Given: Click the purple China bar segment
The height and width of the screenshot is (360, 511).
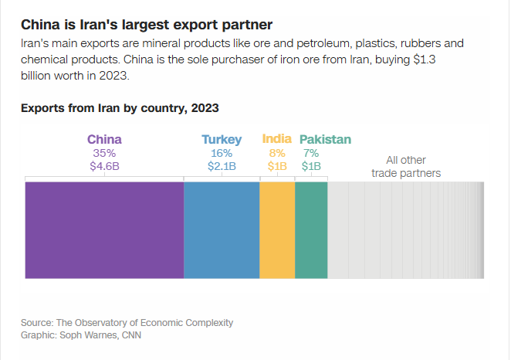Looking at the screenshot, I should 104,229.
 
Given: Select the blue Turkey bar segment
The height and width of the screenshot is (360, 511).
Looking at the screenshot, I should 222,229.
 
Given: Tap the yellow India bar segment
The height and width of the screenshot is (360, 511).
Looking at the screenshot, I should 277,229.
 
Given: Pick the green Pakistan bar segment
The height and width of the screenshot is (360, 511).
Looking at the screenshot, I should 311,229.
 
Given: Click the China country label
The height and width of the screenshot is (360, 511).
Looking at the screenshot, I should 104,140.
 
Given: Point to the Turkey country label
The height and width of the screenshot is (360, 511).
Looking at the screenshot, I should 222,140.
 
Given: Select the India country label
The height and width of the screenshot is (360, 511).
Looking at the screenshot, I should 277,139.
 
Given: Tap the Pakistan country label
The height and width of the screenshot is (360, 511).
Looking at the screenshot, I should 325,140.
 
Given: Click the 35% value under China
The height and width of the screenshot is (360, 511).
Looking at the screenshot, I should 104,153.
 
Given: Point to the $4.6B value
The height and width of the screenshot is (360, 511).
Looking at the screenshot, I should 104,166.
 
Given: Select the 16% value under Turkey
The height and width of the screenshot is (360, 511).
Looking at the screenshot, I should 222,153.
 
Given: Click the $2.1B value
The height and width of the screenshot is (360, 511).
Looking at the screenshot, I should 222,166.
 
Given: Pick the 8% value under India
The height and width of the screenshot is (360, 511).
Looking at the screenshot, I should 277,153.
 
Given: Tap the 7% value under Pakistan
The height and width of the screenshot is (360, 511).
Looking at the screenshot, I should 311,153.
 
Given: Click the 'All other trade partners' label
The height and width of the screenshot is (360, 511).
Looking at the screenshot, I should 406,166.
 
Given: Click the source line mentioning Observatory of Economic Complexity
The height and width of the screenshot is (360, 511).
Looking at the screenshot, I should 127,322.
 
